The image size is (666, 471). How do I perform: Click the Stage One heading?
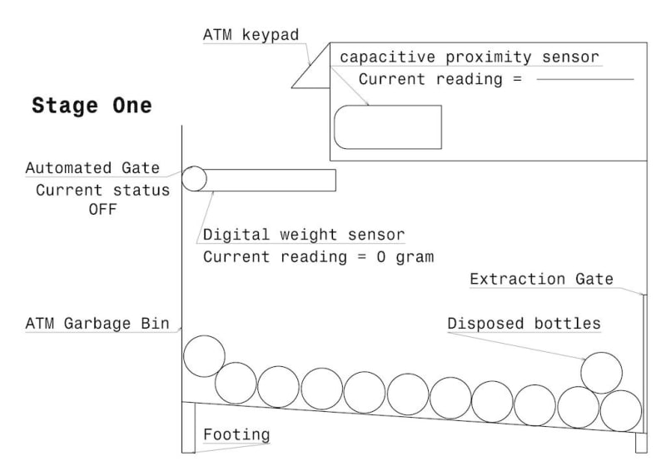coord(92,106)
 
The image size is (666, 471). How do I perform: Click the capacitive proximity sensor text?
coord(470,57)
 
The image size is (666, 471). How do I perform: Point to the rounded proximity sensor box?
coord(387,126)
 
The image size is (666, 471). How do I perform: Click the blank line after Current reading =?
coord(585,80)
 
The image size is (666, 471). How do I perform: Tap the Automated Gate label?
coord(92,167)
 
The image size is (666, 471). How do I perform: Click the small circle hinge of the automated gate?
coord(193,178)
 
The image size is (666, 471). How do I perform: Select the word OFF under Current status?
coord(102,209)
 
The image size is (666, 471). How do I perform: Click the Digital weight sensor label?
coord(304,235)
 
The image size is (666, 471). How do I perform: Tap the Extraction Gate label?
coord(541,279)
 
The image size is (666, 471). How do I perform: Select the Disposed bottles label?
coord(524,323)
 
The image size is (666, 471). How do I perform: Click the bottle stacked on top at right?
coord(601,372)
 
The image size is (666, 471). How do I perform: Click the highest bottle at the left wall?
coord(204,355)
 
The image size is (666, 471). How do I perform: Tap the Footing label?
coord(236,434)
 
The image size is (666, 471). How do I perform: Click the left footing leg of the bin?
coord(188,428)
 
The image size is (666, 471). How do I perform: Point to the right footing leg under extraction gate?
coord(641,443)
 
